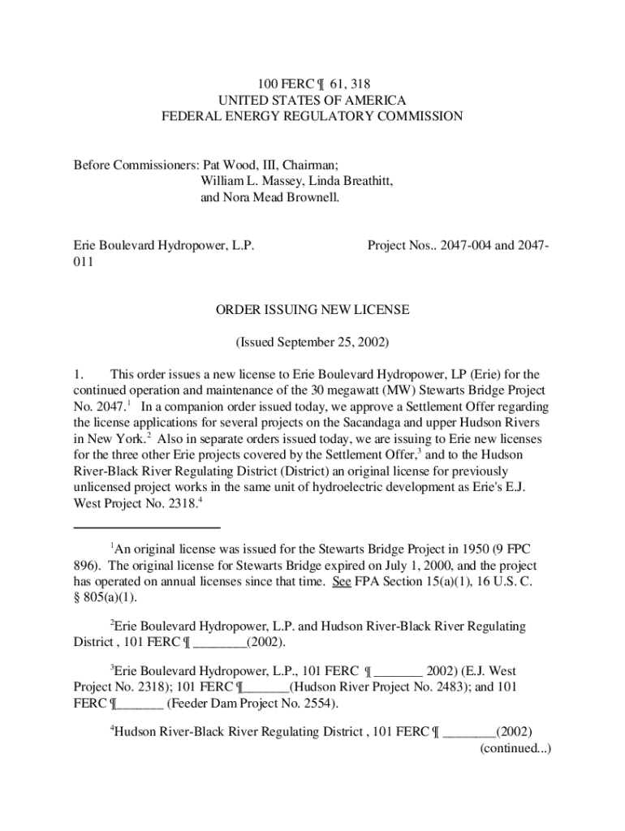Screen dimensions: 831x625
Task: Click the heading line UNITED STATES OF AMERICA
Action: [x=312, y=99]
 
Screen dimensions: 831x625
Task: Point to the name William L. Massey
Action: [x=249, y=181]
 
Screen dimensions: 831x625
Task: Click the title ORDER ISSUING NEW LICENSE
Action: [x=312, y=309]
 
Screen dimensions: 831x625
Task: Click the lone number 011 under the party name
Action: [x=84, y=262]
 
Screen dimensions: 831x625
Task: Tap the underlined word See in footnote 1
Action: [x=341, y=582]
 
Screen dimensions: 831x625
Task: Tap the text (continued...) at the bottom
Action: [x=515, y=748]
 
